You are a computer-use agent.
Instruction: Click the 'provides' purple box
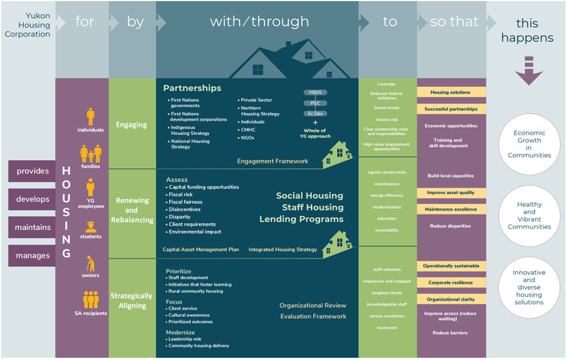click(x=32, y=171)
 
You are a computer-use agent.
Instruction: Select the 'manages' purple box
click(x=32, y=256)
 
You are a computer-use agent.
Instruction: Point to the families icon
click(x=91, y=154)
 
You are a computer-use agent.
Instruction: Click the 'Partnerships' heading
click(x=192, y=88)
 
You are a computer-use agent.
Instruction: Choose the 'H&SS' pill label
click(x=315, y=92)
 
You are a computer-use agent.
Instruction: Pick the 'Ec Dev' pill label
click(x=315, y=113)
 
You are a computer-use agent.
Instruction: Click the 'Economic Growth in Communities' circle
click(x=529, y=145)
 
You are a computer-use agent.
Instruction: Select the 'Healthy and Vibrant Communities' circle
click(x=529, y=216)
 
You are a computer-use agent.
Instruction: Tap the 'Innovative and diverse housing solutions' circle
click(x=529, y=287)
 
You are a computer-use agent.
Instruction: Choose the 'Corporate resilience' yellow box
click(x=451, y=282)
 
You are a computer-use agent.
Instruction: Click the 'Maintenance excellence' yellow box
click(x=451, y=209)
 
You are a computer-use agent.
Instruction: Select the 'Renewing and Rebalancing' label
click(x=132, y=210)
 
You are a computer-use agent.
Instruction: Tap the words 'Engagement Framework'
click(x=273, y=162)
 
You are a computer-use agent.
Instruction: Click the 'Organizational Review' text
click(x=312, y=306)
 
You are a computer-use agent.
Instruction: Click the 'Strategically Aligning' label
click(x=132, y=300)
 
